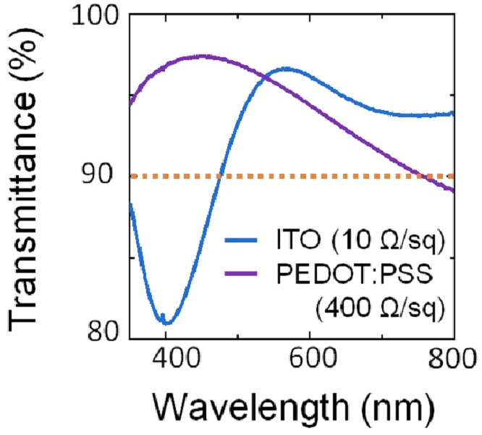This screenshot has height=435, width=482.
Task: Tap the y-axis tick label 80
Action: tap(102, 331)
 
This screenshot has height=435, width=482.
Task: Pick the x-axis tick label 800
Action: tap(452, 358)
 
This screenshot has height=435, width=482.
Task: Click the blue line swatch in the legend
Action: tap(241, 240)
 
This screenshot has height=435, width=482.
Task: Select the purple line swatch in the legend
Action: tap(241, 274)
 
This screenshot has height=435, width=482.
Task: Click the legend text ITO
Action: tap(298, 239)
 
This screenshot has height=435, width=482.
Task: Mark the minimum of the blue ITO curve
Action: tap(167, 323)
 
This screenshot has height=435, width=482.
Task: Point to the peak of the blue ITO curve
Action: tap(287, 69)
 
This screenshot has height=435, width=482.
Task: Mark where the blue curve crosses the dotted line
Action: tap(219, 177)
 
